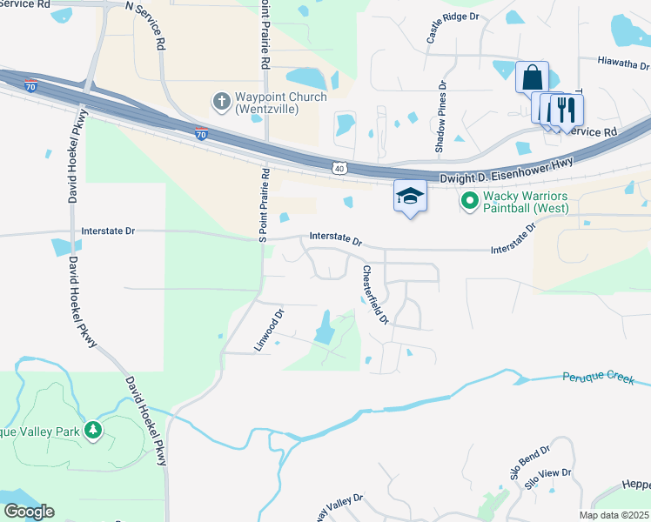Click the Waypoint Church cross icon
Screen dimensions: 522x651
[221, 103]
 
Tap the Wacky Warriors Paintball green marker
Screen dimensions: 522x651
[471, 202]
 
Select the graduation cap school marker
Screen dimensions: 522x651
[410, 197]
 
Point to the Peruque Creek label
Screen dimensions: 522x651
[605, 378]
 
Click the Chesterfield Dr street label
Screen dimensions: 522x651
[375, 296]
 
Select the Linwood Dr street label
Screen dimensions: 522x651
[269, 331]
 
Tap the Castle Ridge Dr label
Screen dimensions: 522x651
[453, 28]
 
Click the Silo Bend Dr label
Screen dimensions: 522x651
[531, 463]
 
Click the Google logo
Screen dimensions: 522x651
[29, 512]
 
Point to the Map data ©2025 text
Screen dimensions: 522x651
[614, 515]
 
